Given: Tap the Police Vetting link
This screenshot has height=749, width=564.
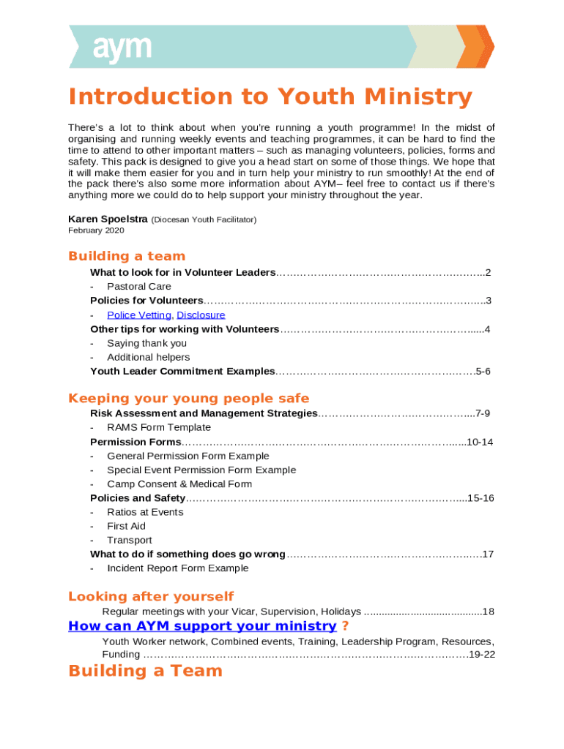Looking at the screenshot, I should [139, 315].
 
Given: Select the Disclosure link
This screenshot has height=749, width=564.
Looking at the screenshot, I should [201, 315].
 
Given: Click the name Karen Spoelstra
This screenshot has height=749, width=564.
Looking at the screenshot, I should [108, 219].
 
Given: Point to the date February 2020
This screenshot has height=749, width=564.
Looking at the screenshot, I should [96, 230].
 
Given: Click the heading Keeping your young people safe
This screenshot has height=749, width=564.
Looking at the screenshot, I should [188, 399].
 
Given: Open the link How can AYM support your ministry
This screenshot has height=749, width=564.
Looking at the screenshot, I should [202, 626].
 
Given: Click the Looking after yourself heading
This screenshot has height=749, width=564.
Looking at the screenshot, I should [151, 596].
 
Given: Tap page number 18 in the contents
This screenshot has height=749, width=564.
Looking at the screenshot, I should [489, 611].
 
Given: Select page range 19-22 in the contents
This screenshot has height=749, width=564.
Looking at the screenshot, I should [482, 654].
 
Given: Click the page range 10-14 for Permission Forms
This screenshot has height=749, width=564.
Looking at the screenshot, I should [480, 442].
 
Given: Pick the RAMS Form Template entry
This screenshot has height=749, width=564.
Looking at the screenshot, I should [159, 427].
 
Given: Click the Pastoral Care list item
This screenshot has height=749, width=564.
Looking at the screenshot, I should [139, 286].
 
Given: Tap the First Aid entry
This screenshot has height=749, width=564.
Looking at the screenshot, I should [126, 526].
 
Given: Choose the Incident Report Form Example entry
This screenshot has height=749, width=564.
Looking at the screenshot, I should [178, 568].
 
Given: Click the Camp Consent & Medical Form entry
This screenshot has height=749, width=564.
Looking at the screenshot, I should [179, 484].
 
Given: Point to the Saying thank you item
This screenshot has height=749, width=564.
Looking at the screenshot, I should [146, 343].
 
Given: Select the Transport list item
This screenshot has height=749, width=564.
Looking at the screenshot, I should [129, 541].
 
